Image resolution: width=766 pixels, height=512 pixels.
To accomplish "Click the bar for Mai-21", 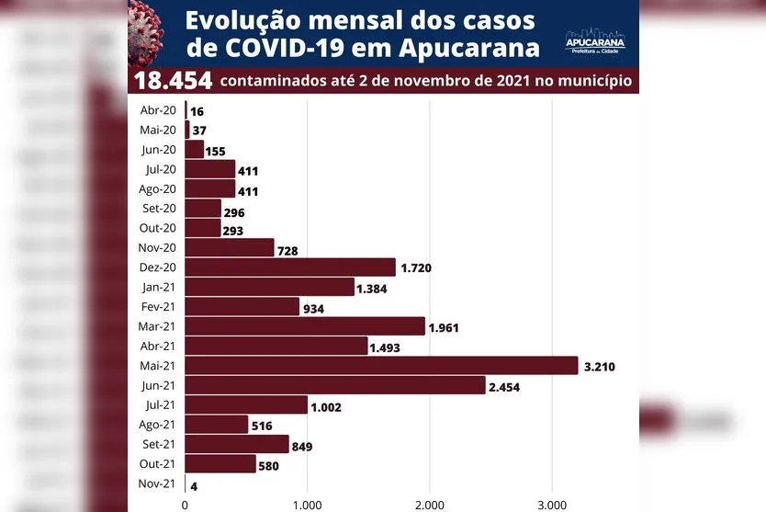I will point(381,365).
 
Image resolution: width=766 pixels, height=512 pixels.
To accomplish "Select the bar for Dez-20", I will point(290,267).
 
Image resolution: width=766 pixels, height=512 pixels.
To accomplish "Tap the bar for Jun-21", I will point(335,384).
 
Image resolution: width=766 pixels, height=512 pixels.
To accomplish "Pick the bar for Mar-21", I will point(305,326).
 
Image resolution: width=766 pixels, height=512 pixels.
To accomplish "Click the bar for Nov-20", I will point(230,247).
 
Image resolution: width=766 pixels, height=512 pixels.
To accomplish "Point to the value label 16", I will point(197,111).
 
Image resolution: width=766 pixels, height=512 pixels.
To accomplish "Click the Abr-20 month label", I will point(158,110).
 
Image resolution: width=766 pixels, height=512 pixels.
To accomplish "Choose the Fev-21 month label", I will point(158,306).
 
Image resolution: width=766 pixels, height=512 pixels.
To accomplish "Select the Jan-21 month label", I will point(158,287).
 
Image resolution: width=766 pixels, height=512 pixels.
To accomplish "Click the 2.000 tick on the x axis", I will point(429,504).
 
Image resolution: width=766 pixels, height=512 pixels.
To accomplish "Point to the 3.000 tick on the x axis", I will point(551,504).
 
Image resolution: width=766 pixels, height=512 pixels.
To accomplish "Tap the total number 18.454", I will point(173,81).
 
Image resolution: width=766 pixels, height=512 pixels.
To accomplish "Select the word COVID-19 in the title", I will point(284,47).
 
